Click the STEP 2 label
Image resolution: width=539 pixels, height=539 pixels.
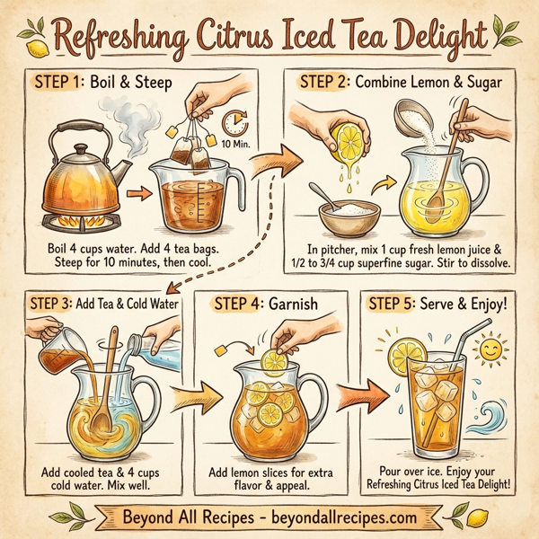coord(325,82)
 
